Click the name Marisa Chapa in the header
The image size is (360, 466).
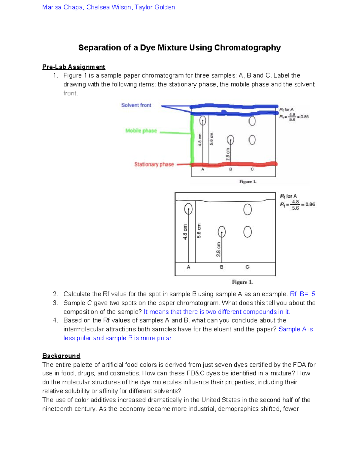62,7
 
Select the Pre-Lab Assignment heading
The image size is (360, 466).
73,67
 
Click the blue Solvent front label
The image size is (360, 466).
136,105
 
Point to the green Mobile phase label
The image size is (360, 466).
141,131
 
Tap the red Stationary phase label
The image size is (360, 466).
154,164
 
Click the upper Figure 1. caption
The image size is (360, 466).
247,182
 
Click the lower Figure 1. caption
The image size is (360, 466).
242,282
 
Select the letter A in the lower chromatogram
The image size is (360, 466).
188,267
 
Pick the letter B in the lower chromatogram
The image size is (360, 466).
221,267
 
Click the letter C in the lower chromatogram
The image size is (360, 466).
247,267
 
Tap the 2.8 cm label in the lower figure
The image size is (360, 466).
218,249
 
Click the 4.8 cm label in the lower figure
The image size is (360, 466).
185,232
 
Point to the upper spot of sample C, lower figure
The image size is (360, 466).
247,209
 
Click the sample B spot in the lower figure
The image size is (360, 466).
222,232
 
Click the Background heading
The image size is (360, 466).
61,356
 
